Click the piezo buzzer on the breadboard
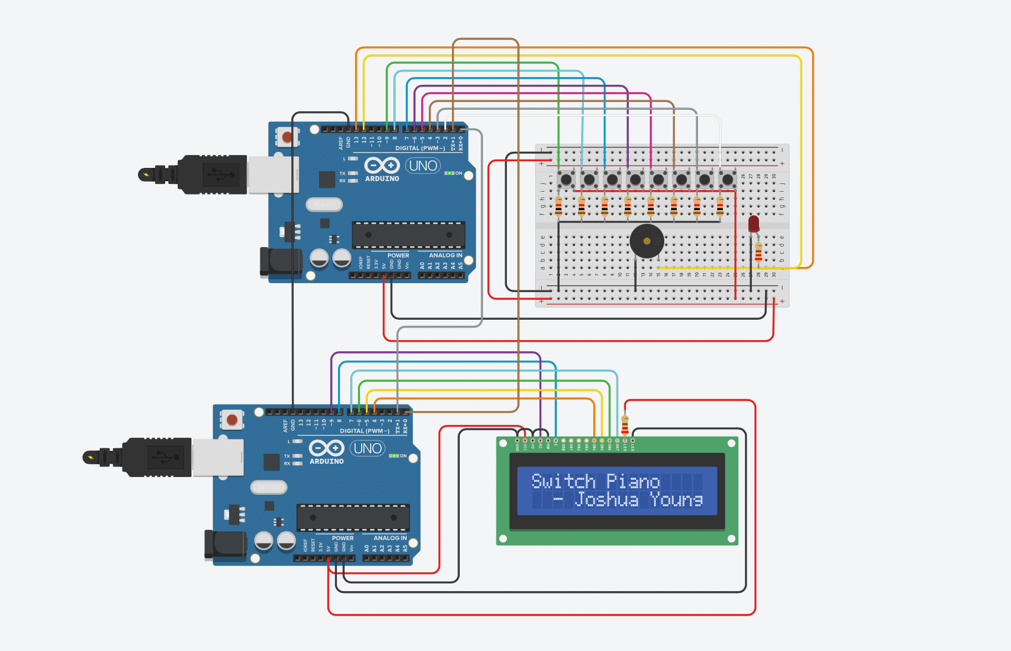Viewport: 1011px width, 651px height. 646,241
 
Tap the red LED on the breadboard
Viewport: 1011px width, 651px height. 753,224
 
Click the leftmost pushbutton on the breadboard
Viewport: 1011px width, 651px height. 566,180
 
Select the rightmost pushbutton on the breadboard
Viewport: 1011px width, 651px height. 727,180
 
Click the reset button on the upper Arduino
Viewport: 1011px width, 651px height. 287,136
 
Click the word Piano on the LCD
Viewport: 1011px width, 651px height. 633,481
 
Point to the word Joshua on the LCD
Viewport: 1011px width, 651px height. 606,500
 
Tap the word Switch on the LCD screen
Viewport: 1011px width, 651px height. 563,481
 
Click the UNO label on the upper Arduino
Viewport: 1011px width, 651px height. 423,166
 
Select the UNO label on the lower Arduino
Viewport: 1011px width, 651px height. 368,448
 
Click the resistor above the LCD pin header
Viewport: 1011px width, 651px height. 625,426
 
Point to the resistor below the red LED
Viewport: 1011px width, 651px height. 758,253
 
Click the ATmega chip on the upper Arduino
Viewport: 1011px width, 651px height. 408,235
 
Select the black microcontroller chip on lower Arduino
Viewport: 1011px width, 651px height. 353,517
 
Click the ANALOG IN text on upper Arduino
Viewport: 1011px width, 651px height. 445,255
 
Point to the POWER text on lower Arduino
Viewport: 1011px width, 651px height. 342,538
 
